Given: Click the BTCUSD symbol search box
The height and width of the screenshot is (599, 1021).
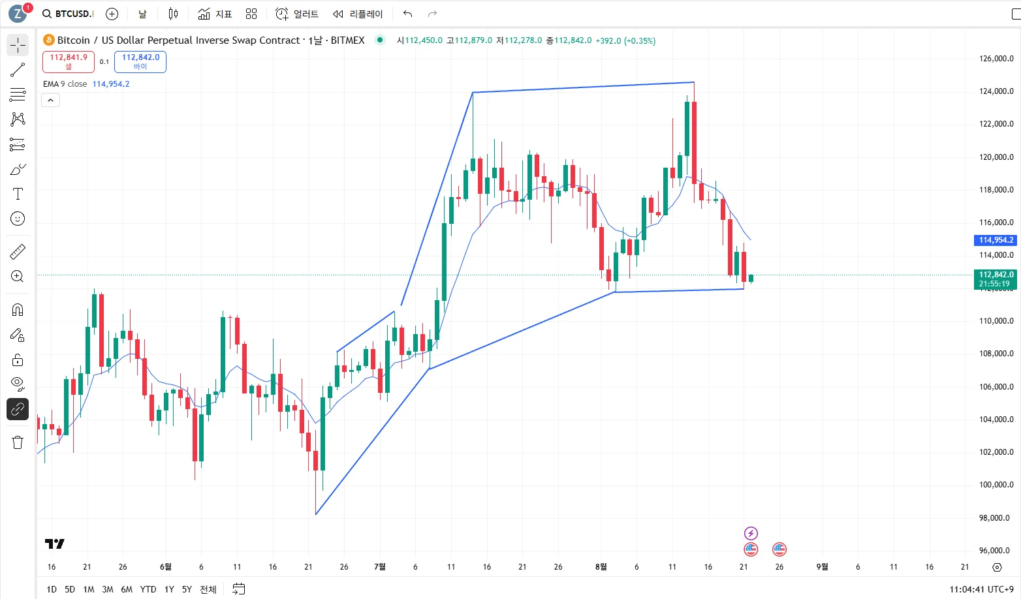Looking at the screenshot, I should click(68, 14).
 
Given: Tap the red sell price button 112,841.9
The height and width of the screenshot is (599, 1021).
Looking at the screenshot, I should click(69, 61).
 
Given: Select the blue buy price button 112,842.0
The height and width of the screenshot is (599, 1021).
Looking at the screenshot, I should click(140, 61).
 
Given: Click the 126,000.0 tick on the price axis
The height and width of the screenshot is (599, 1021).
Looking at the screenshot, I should click(996, 59).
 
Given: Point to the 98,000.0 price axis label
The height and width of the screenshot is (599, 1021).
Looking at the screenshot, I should click(996, 518).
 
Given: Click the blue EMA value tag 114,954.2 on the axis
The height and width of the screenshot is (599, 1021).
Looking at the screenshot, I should click(996, 240).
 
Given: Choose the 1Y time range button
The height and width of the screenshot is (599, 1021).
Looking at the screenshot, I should click(169, 589).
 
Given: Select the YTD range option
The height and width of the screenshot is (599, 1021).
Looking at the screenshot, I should click(148, 589).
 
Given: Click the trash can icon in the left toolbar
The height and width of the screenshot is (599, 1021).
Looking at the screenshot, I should click(18, 442).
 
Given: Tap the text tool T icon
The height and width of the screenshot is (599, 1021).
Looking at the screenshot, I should click(18, 194).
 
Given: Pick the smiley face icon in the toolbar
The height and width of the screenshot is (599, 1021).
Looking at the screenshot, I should click(18, 219).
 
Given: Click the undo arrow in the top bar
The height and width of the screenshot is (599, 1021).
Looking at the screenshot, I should click(408, 14).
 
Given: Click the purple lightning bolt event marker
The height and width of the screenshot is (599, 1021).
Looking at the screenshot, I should click(751, 534).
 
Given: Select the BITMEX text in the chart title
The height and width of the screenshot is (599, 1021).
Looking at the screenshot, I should click(347, 40).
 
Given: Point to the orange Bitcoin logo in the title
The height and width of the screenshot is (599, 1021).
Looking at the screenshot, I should click(49, 40).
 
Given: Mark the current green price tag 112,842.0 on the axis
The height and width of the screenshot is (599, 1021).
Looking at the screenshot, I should click(996, 275).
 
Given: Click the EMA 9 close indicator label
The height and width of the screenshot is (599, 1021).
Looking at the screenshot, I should click(65, 84).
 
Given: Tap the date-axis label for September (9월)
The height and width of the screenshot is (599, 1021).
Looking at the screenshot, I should click(822, 567).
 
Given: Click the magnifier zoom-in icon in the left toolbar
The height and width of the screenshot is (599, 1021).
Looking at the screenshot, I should click(18, 277).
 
